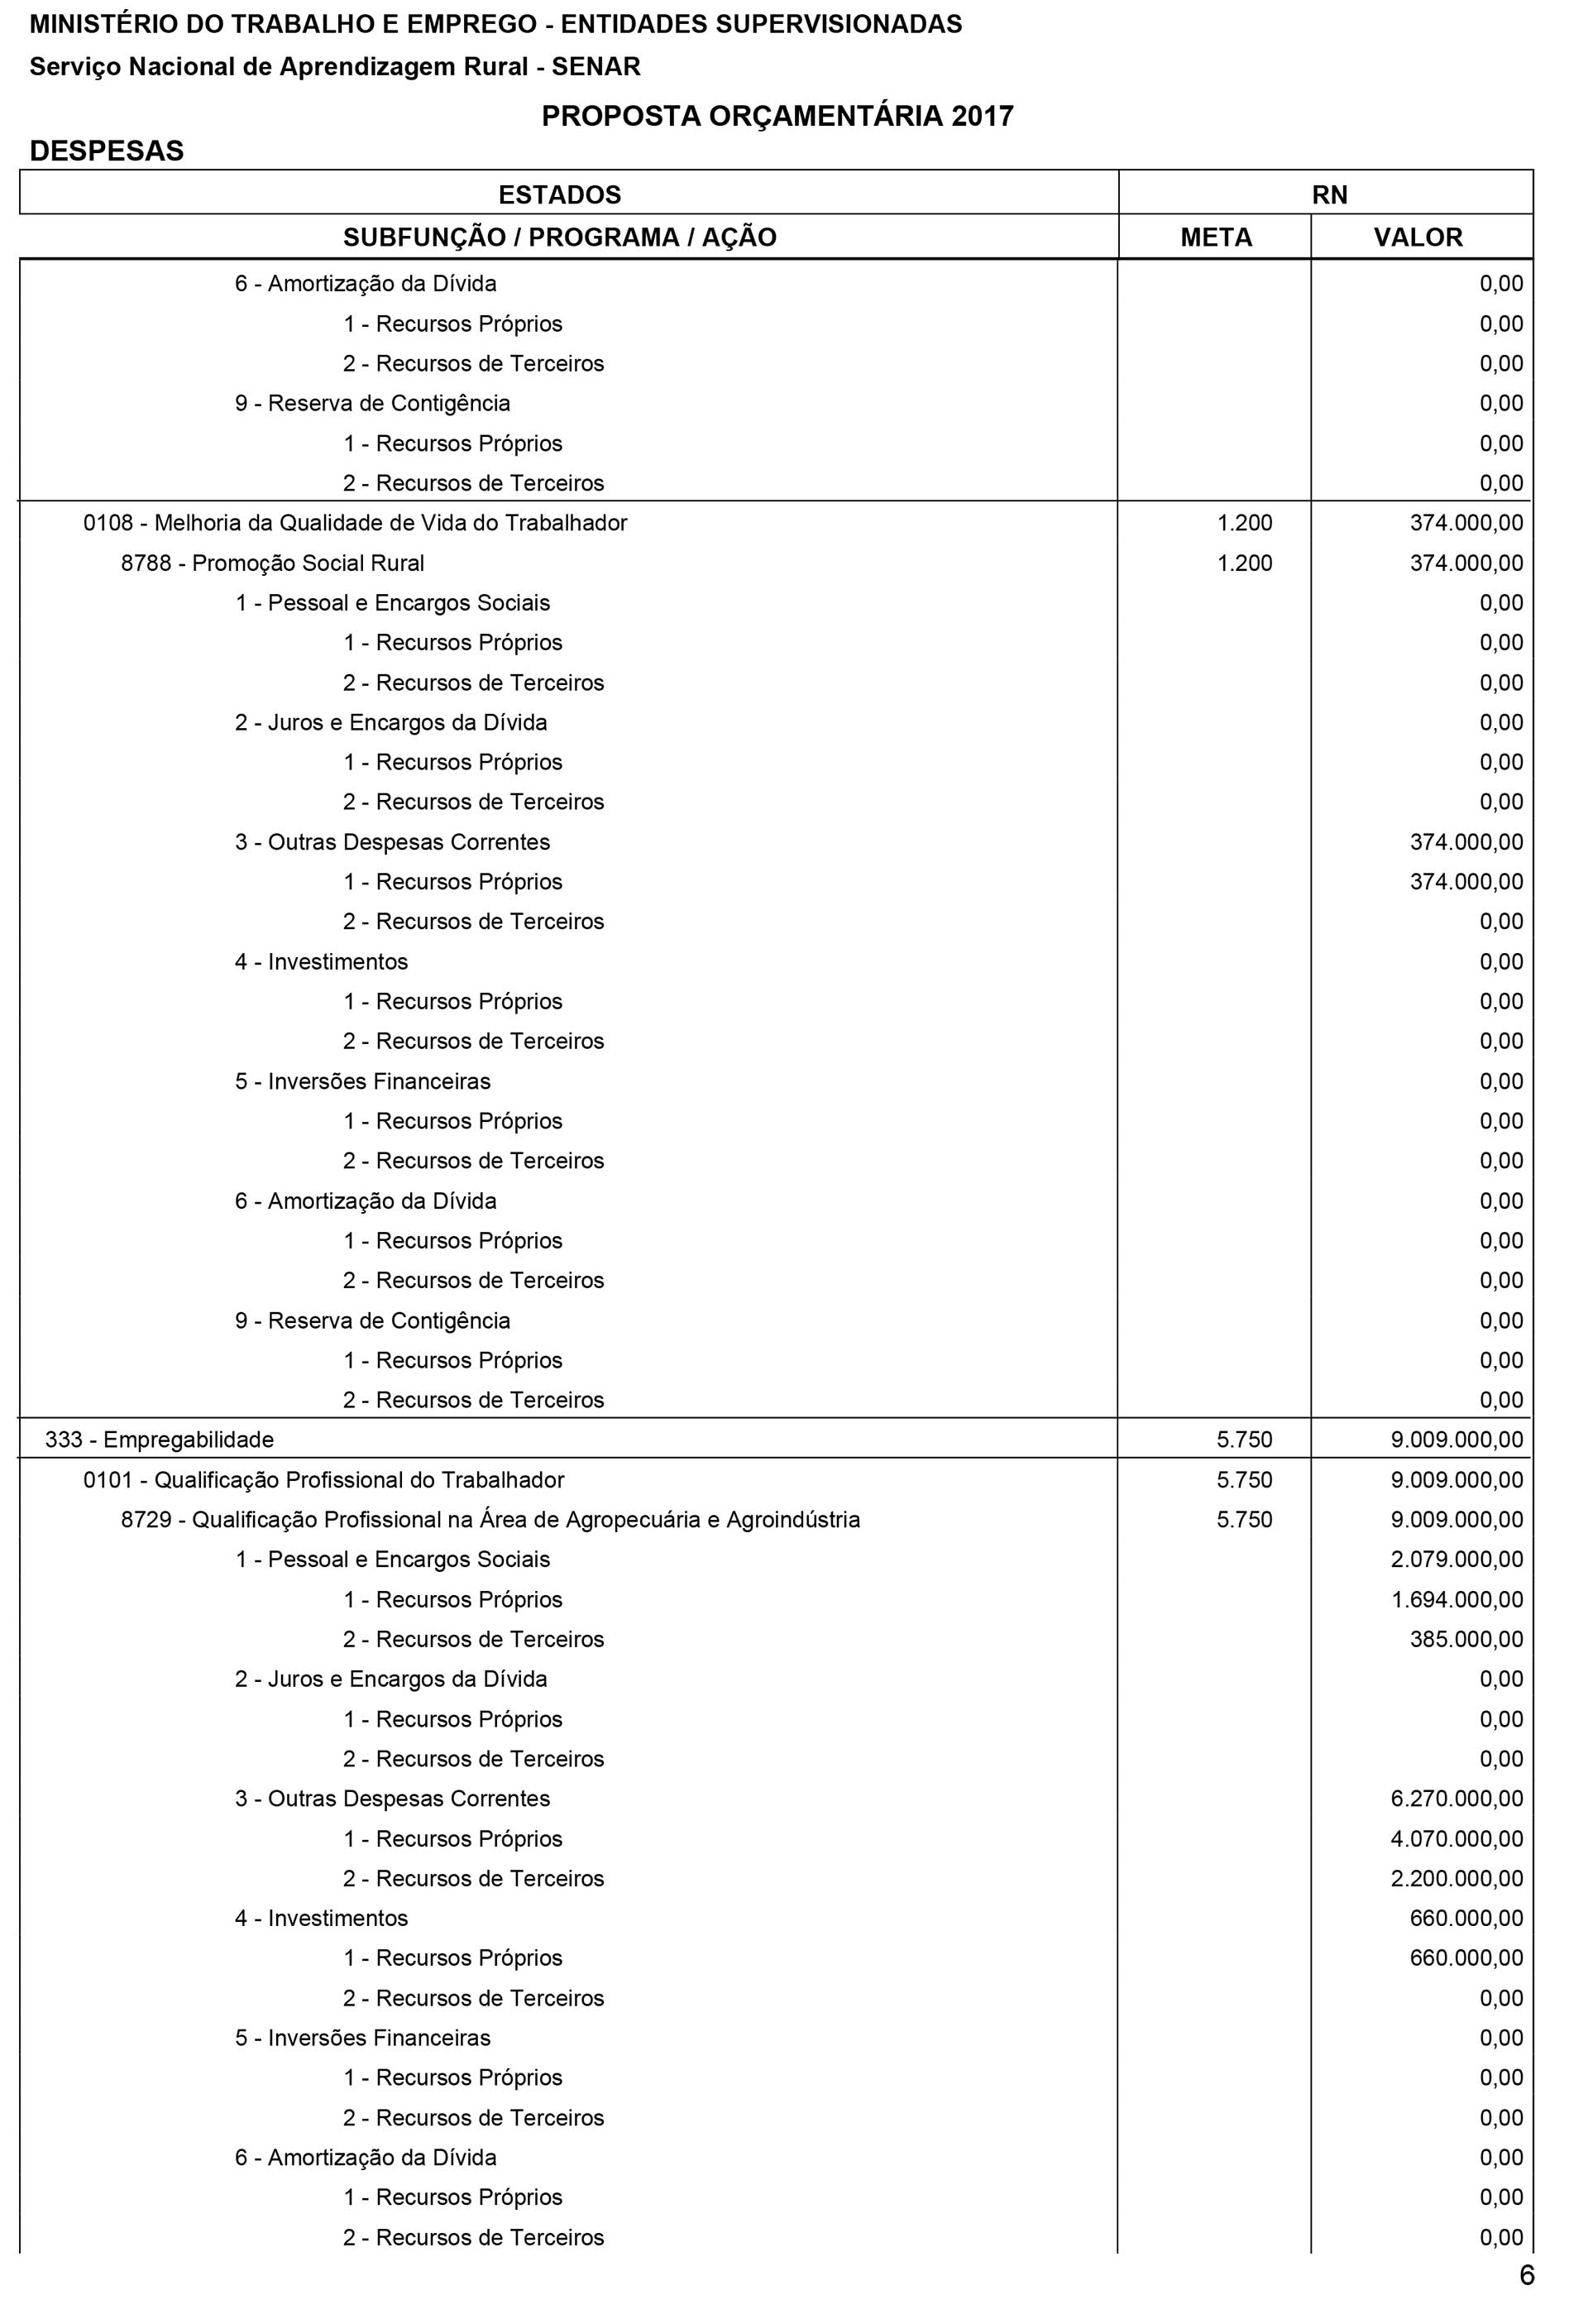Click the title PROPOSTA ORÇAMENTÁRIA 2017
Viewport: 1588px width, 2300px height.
(777, 117)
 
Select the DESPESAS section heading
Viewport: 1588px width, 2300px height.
(107, 151)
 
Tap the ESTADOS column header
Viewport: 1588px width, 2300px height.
(559, 194)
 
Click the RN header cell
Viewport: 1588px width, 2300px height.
(1329, 194)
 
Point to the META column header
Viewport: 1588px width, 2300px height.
(1216, 238)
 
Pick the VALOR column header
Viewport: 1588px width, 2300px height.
(1418, 238)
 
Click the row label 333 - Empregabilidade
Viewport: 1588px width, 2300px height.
(159, 1439)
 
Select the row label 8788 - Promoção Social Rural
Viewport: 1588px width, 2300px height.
(273, 563)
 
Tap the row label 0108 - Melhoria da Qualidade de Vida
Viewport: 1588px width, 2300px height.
(355, 523)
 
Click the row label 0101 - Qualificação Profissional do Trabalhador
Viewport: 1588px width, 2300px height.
(323, 1480)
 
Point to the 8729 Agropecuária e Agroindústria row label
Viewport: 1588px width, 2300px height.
(490, 1520)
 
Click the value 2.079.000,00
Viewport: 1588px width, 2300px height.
(1456, 1560)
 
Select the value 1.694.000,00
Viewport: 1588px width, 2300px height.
(1456, 1599)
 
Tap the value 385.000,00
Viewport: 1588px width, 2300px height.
(1466, 1639)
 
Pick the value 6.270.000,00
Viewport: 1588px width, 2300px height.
(1456, 1799)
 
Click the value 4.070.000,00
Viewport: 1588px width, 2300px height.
(1456, 1838)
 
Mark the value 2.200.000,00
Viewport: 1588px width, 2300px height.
(1456, 1878)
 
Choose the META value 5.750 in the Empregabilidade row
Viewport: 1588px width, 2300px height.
(1244, 1439)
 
